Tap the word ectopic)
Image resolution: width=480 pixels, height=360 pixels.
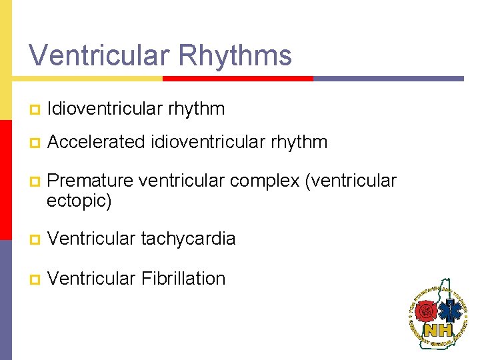tap(79, 201)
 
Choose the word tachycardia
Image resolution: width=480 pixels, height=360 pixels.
tap(188, 239)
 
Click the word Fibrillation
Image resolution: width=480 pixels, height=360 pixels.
tap(183, 278)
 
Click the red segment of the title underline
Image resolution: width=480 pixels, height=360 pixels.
tap(238, 78)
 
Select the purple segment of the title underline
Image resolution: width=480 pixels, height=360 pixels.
tap(388, 78)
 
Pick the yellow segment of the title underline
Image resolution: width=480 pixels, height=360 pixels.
tap(87, 78)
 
